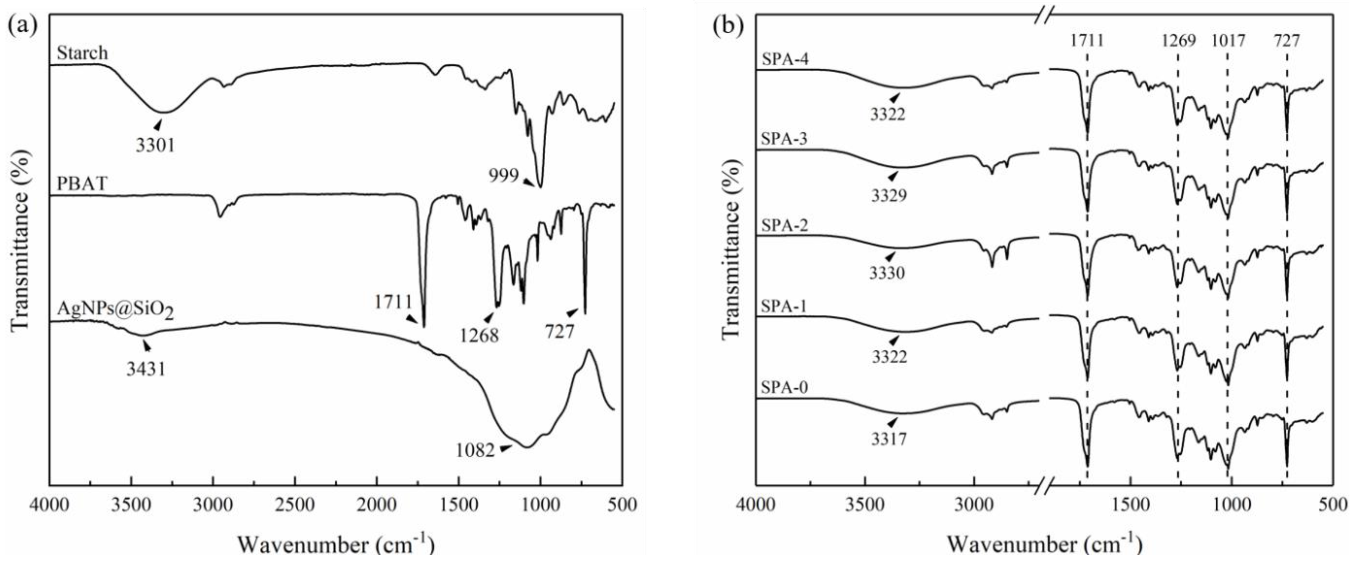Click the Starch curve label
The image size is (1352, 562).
tap(82, 53)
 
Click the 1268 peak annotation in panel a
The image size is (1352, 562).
tap(479, 335)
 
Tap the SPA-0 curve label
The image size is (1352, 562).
tap(785, 388)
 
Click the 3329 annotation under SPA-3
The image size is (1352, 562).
tap(889, 196)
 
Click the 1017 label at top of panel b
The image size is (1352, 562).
tap(1228, 40)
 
